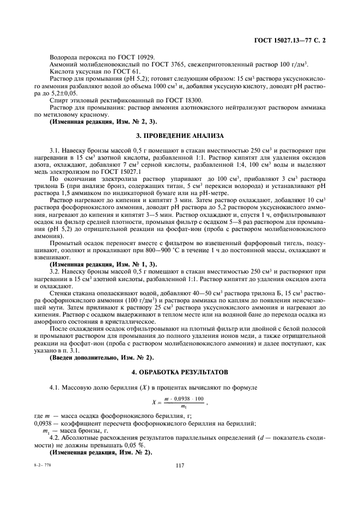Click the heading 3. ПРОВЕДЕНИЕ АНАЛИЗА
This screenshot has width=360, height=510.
[x=180, y=135]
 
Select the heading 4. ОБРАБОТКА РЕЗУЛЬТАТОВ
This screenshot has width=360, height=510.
[x=180, y=372]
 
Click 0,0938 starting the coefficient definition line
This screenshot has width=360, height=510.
[x=42, y=423]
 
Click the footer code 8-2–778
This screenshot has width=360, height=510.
[x=41, y=465]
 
